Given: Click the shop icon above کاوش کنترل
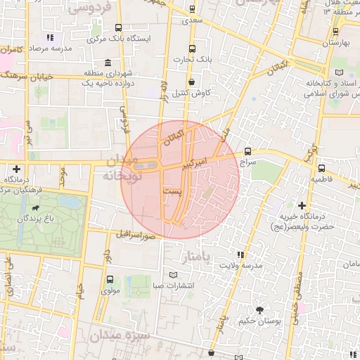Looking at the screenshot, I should (191, 82).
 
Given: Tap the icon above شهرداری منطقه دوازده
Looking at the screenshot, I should (107, 62).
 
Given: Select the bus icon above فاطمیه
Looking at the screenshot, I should (321, 169).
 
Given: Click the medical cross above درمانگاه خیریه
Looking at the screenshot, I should (302, 205).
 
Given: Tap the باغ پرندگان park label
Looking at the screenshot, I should (37, 219).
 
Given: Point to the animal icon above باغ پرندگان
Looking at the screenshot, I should (36, 208).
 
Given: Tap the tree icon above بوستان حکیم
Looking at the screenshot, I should (259, 310).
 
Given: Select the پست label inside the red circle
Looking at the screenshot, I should (171, 191).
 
